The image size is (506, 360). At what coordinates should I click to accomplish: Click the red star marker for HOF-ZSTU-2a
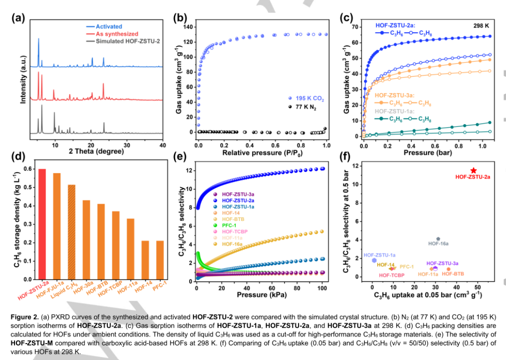[x=474, y=170]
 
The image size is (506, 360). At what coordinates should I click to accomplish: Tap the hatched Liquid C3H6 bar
[x=72, y=232]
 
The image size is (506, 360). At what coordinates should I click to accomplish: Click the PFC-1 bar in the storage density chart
[x=160, y=259]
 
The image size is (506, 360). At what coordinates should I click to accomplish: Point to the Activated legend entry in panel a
[x=109, y=27]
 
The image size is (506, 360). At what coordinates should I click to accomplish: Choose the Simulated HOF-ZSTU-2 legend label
[x=128, y=41]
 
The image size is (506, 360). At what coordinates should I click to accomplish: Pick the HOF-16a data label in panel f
[x=439, y=243]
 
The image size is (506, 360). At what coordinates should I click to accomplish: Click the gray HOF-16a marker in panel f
[x=438, y=239]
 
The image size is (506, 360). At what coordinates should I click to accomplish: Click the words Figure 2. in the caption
[x=24, y=317]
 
